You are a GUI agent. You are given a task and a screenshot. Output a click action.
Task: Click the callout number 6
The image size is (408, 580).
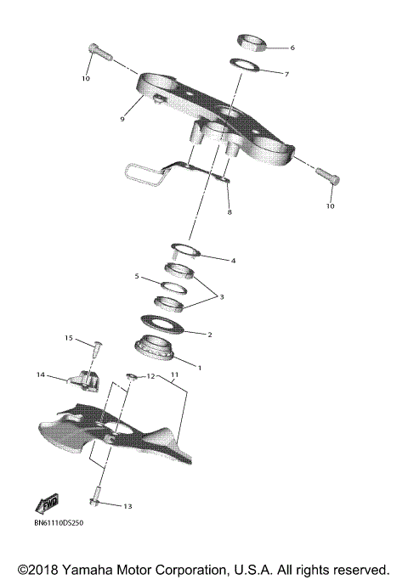pyautogui.click(x=292, y=48)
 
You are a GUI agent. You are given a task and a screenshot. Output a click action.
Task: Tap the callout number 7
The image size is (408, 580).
pyautogui.click(x=286, y=75)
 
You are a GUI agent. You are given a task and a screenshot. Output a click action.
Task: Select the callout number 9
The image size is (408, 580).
pyautogui.click(x=122, y=119)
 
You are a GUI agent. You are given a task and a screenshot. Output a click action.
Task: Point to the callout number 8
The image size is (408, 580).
pyautogui.click(x=228, y=211)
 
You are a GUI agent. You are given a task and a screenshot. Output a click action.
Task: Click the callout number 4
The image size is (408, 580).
pyautogui.click(x=233, y=260)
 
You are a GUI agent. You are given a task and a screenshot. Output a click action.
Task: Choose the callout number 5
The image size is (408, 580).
pyautogui.click(x=137, y=276)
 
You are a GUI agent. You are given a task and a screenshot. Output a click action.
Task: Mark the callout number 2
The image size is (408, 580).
pyautogui.click(x=210, y=335)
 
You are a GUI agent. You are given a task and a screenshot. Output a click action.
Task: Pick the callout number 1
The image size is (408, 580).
pyautogui.click(x=200, y=367)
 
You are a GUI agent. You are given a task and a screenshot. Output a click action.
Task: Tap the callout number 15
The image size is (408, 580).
pyautogui.click(x=71, y=338)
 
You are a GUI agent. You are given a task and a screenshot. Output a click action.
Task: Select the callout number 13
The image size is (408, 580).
pyautogui.click(x=127, y=506)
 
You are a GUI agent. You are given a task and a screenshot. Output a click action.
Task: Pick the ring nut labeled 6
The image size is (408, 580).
pyautogui.click(x=251, y=41)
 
